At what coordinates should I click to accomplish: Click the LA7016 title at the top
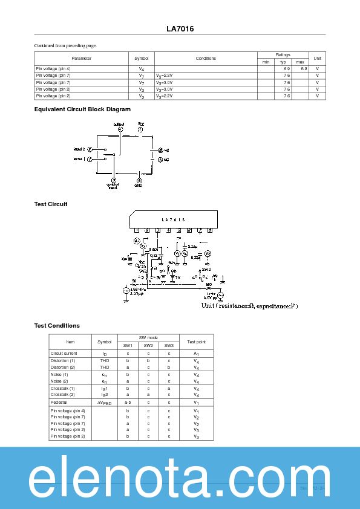point(180,28)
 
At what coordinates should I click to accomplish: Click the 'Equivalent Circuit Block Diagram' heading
point(82,109)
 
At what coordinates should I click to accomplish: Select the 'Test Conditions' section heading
point(57,326)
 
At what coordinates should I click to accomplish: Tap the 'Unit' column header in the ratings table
point(317,58)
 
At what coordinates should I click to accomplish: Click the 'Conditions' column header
point(206,59)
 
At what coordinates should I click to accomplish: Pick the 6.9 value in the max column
point(303,69)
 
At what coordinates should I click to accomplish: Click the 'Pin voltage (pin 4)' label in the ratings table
point(53,69)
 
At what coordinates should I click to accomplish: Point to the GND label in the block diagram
point(139,185)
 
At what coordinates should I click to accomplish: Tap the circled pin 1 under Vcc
point(140,129)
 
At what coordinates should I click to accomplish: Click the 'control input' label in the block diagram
point(113,186)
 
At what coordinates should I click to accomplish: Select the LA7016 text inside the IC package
point(173,220)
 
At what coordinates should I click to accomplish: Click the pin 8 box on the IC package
point(209,230)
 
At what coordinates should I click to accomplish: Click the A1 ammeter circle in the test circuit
point(136,241)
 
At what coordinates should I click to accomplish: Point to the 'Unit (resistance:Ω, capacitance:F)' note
point(249,306)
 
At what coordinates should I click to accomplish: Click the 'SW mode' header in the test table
point(148,337)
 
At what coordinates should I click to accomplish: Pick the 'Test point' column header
point(196,342)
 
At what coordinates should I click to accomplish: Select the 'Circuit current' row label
point(64,353)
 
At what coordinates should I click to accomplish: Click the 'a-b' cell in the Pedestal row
point(128,402)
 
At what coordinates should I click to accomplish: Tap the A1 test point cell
point(196,353)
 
